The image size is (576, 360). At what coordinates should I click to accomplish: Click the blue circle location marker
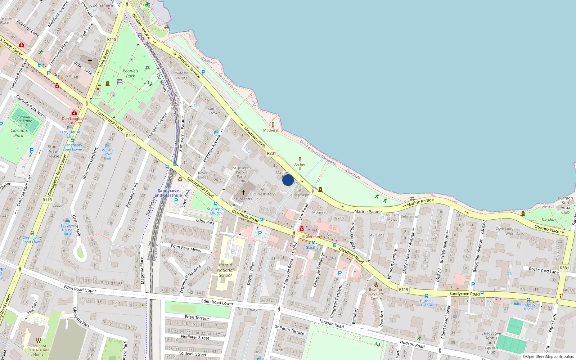(288, 180)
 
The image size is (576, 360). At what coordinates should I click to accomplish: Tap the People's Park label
(130, 73)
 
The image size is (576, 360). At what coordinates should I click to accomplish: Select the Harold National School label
(226, 270)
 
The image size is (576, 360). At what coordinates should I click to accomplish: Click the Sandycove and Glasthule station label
(168, 193)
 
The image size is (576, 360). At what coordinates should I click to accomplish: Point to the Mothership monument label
(273, 130)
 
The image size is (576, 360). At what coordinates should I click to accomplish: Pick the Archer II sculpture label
(300, 166)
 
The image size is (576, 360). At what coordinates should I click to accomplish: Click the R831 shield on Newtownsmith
(271, 153)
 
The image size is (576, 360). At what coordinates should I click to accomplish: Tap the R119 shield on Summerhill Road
(131, 136)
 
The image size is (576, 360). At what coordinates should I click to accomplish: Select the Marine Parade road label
(368, 212)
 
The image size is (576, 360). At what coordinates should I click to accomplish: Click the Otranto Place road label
(546, 228)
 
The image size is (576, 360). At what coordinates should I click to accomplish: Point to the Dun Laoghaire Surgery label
(74, 121)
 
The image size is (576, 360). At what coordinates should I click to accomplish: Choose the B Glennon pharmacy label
(311, 237)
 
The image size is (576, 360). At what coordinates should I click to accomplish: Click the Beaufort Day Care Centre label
(376, 294)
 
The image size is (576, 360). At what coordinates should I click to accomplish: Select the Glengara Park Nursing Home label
(38, 350)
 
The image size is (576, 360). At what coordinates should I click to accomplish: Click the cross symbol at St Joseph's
(243, 193)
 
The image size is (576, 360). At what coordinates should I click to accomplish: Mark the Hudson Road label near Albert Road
(412, 344)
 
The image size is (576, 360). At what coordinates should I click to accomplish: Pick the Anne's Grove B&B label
(107, 154)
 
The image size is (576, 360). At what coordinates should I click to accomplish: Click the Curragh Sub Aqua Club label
(565, 205)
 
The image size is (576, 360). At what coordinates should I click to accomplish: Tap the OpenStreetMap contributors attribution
(548, 356)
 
